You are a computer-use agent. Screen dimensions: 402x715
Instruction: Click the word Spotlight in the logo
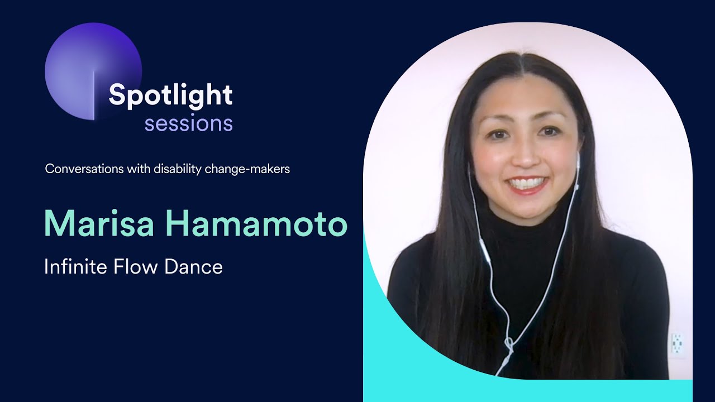coord(170,96)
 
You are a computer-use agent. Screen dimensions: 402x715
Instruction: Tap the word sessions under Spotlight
coord(188,123)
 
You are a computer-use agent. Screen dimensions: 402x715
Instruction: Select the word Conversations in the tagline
coord(82,169)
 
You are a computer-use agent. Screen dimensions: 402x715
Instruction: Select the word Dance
coord(193,267)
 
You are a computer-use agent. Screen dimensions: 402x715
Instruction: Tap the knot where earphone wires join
coord(508,342)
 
